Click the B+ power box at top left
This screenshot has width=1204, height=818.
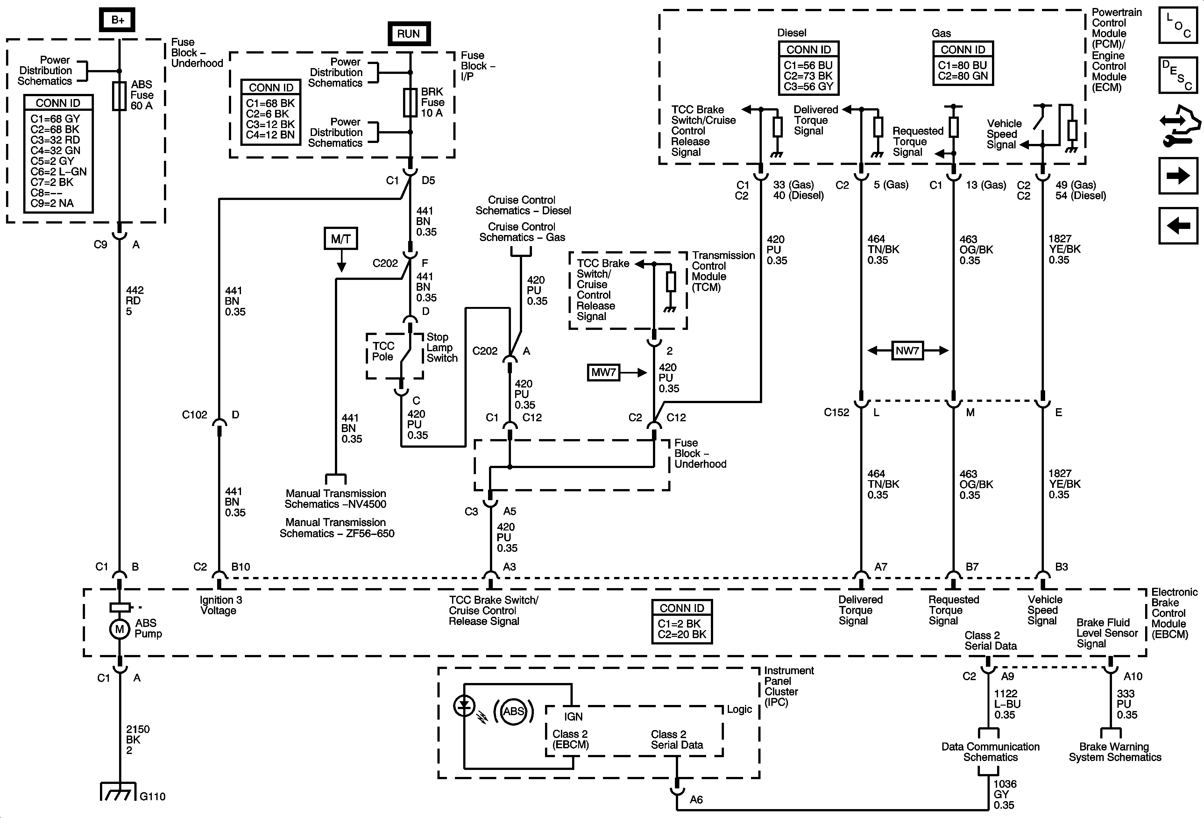117,20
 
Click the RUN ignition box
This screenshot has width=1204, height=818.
409,34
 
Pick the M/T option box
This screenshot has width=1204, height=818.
341,239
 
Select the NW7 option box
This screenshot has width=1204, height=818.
907,351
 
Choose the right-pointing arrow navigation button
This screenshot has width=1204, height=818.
1178,176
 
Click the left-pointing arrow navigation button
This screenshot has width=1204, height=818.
1178,225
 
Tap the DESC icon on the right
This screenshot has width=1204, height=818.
1178,75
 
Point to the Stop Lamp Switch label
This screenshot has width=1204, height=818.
442,348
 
